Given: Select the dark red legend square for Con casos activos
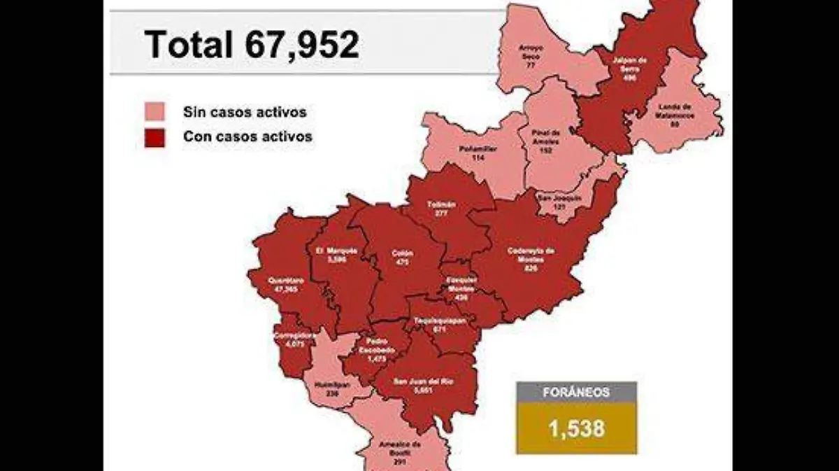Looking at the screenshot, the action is [x=155, y=137].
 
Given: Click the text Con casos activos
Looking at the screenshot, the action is [x=247, y=137].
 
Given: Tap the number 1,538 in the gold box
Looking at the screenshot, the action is [x=576, y=428].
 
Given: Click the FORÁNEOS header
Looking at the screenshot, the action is [x=576, y=393].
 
